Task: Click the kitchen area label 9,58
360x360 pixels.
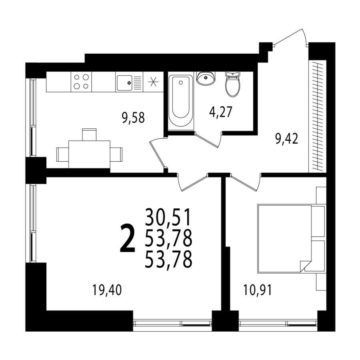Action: pos(133,118)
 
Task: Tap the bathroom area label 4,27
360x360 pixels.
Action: pos(221,112)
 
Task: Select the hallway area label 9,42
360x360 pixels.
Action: pos(287,139)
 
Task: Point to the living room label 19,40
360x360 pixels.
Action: pos(107,290)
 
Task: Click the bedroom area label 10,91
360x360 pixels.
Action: pos(257,290)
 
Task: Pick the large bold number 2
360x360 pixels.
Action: pos(128,238)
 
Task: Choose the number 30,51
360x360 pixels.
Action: pos(168,217)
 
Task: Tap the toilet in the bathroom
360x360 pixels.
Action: pos(233,84)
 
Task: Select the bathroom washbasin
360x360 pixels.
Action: pos(206,78)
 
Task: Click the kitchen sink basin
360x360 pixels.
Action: pos(124,83)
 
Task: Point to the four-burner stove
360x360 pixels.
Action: pos(81,82)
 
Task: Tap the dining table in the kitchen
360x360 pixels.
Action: pos(89,154)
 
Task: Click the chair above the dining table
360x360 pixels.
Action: pos(89,134)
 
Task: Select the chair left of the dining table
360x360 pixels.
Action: pos(63,154)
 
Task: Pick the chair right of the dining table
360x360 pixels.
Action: pos(116,154)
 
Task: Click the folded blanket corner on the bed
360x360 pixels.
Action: pos(305,266)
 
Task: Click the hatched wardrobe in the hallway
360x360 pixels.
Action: pos(317,116)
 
